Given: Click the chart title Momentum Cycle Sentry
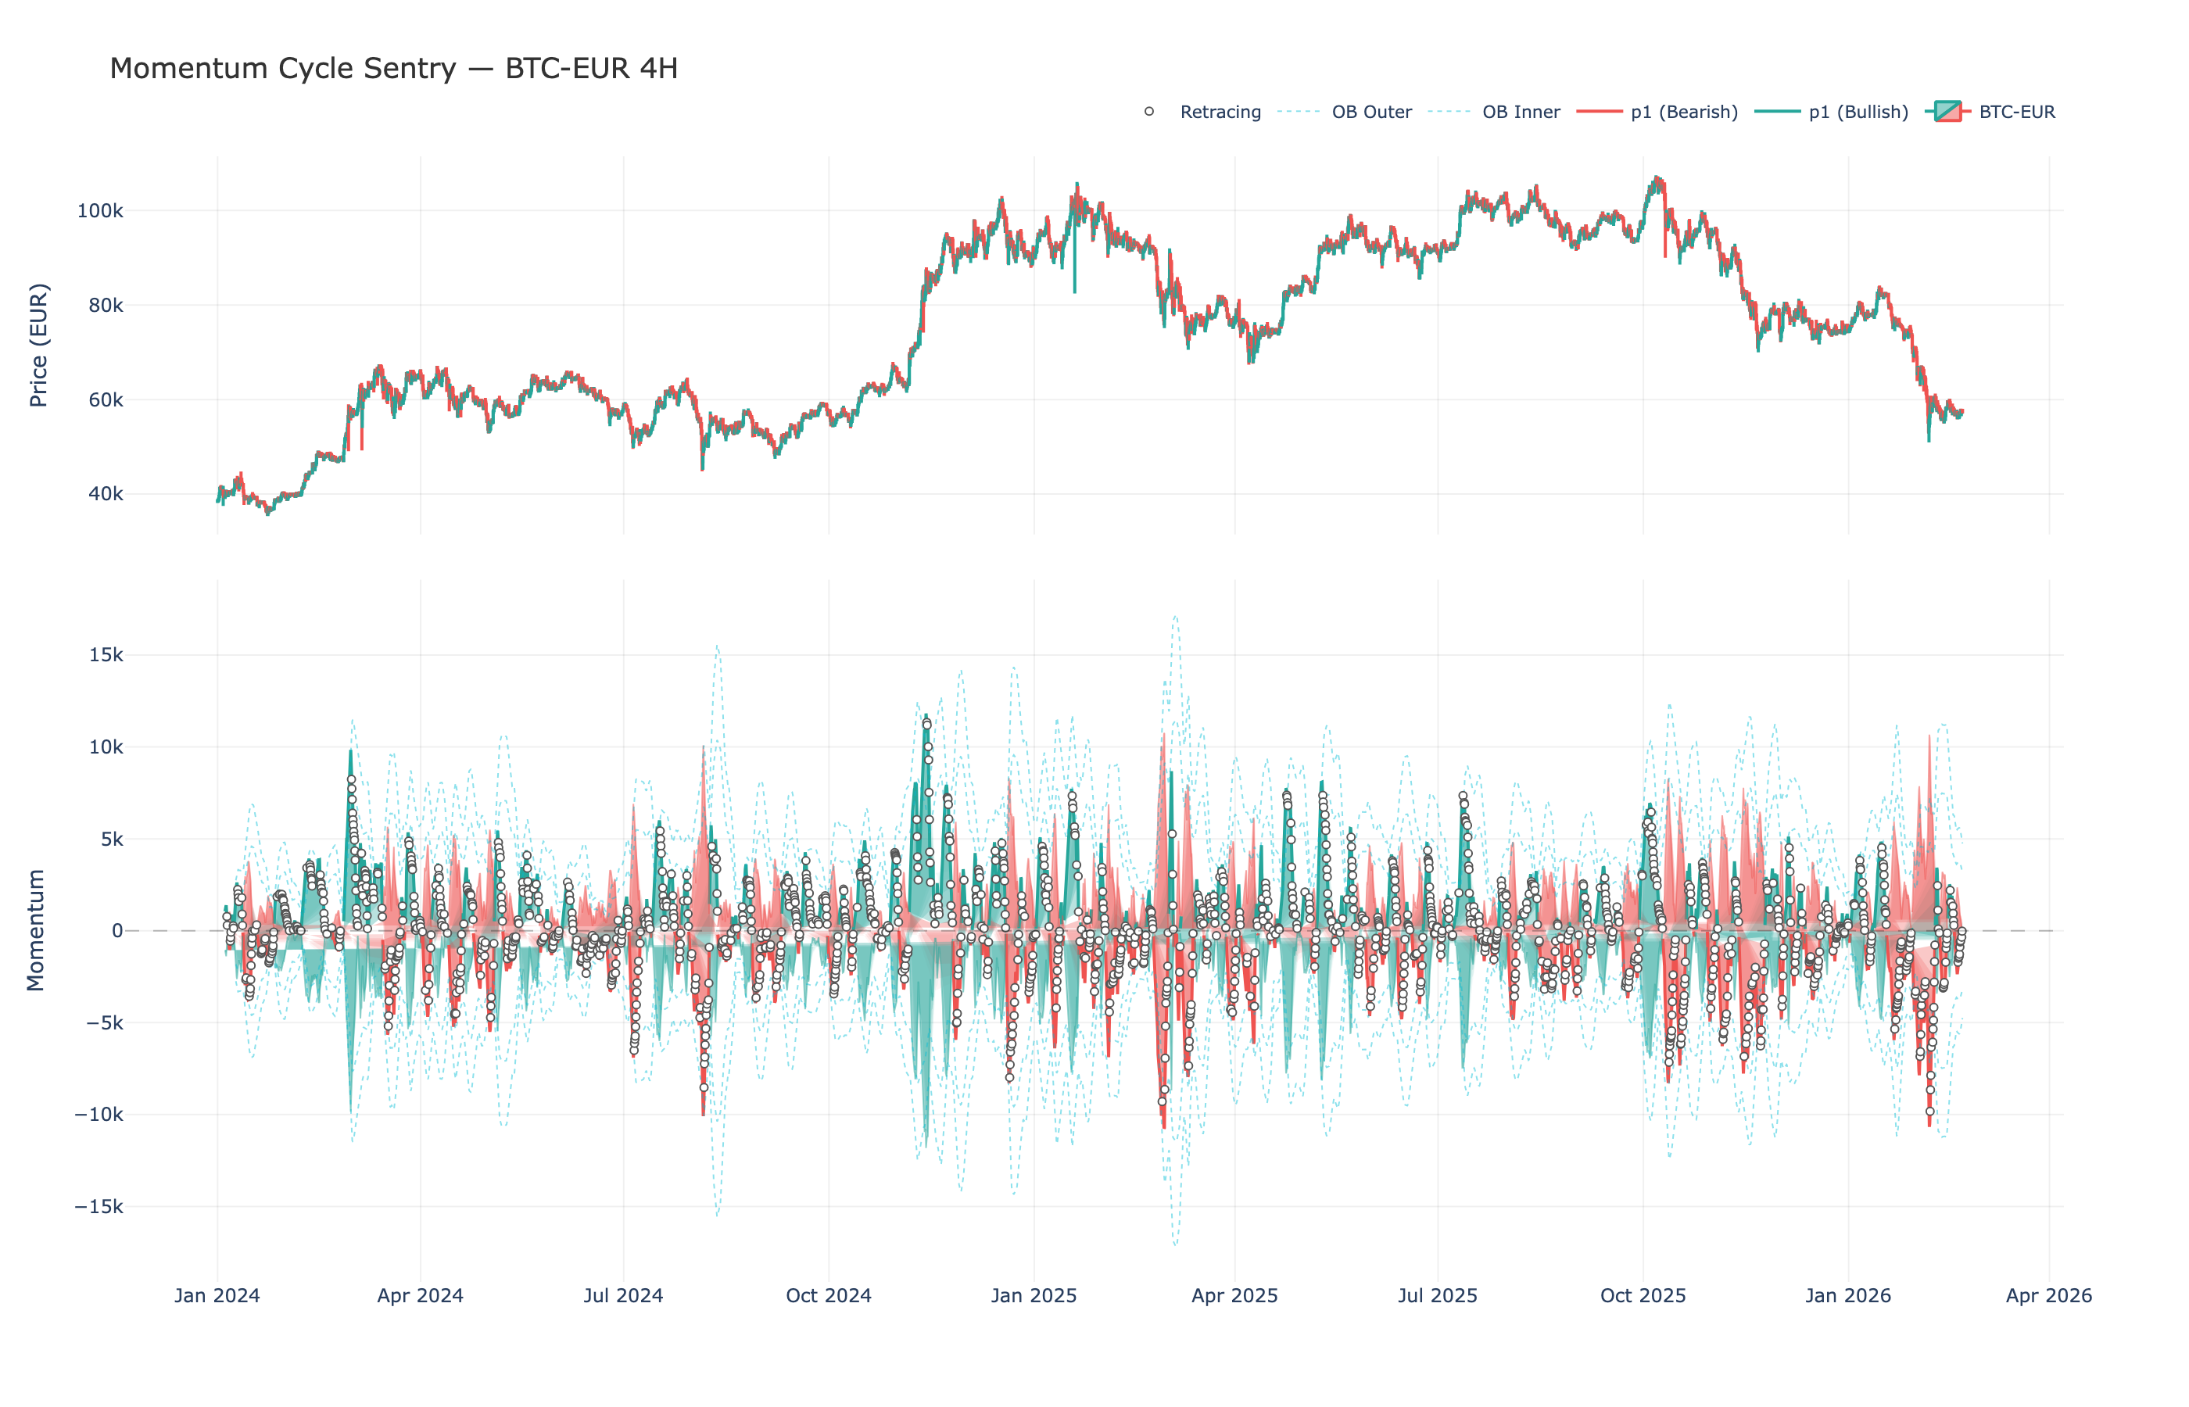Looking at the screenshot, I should pyautogui.click(x=393, y=69).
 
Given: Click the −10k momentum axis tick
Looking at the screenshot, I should pyautogui.click(x=99, y=1115).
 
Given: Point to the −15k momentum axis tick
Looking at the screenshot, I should pyautogui.click(x=99, y=1207).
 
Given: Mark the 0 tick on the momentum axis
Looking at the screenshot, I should pyautogui.click(x=117, y=931).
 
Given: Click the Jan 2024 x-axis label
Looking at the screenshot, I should pyautogui.click(x=217, y=1295).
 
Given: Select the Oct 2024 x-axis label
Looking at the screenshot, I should pyautogui.click(x=829, y=1295).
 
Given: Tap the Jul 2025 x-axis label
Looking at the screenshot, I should pyautogui.click(x=1437, y=1295).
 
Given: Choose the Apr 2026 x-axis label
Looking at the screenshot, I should pyautogui.click(x=2048, y=1295).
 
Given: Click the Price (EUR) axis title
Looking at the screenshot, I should pyautogui.click(x=38, y=345).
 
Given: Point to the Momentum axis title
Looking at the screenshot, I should pyautogui.click(x=36, y=930).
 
